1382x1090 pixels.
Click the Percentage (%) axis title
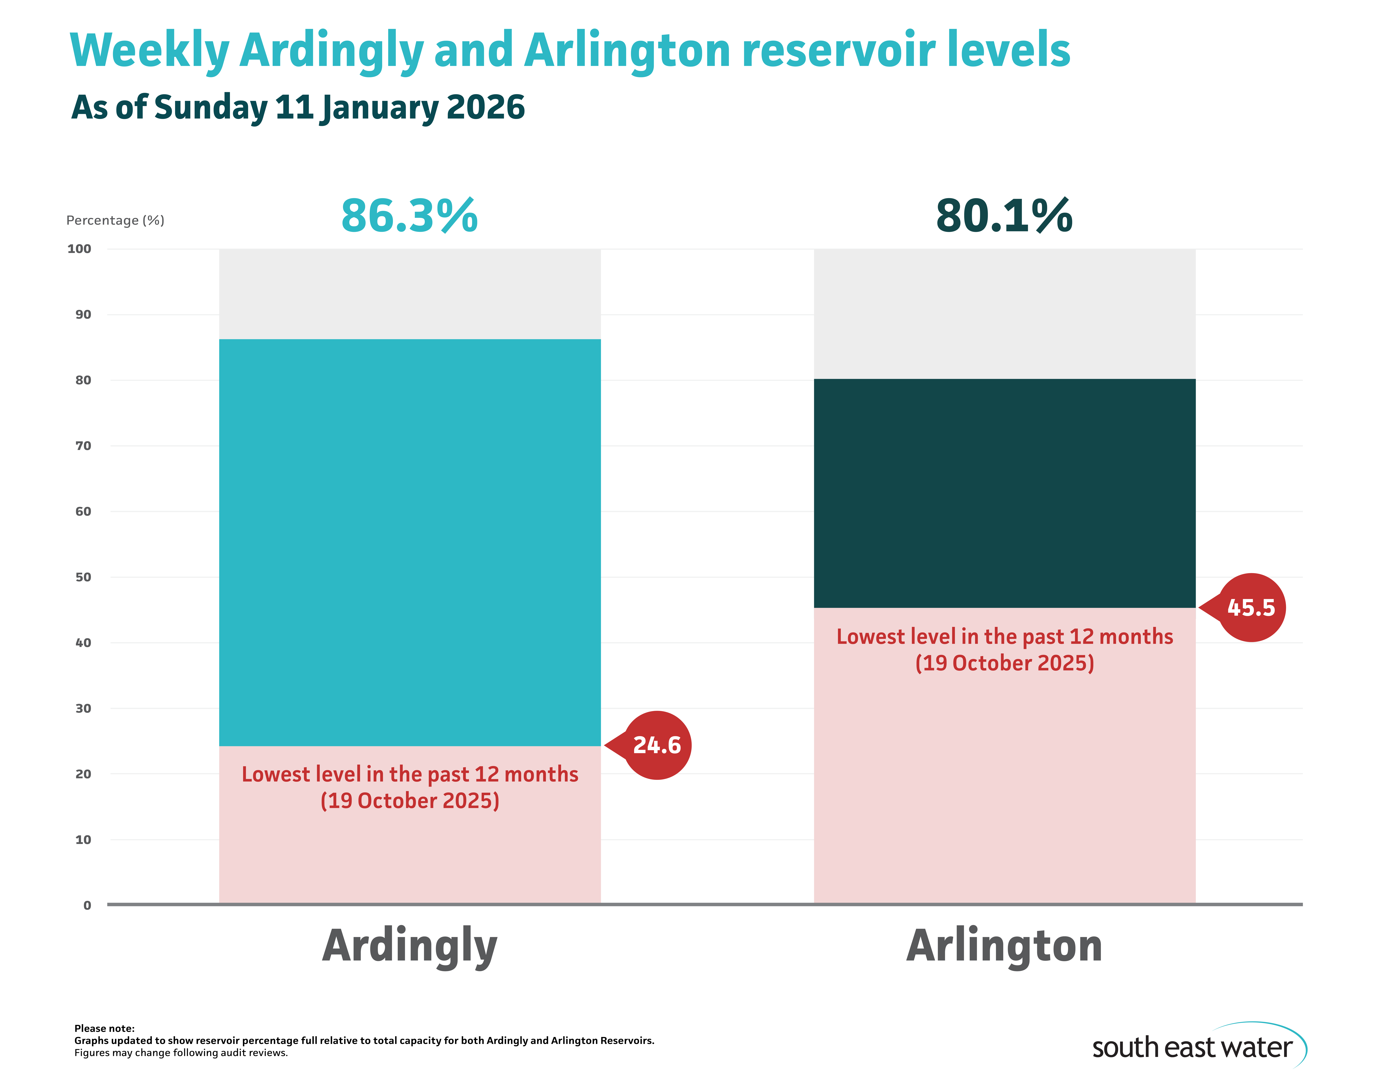(x=116, y=220)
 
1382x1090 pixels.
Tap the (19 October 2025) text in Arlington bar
(x=1004, y=663)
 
